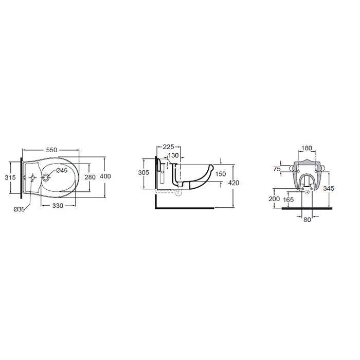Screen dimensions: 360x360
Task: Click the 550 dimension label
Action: click(51, 150)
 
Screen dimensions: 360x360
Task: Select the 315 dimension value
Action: click(10, 177)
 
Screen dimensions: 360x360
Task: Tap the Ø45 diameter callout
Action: click(62, 170)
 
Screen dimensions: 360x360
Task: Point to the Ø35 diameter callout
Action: click(19, 209)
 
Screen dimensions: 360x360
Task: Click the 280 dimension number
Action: click(90, 177)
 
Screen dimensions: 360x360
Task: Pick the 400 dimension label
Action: click(105, 176)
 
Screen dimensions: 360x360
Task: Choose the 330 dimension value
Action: click(58, 206)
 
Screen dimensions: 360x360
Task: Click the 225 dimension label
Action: click(168, 147)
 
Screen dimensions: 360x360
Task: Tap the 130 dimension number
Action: click(173, 155)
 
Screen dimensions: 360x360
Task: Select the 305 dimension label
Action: click(143, 172)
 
